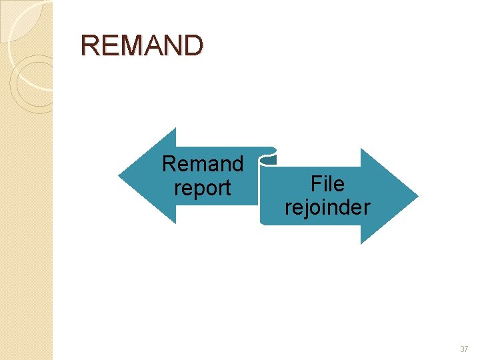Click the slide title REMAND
(141, 46)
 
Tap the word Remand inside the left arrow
(203, 163)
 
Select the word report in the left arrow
(202, 188)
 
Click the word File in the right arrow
(327, 183)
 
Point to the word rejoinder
(327, 207)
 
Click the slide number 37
(464, 349)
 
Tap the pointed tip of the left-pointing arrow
(120, 176)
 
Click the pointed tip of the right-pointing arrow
(417, 196)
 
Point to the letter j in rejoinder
(309, 208)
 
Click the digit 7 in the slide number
(466, 349)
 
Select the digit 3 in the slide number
(461, 349)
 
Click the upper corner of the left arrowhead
(175, 129)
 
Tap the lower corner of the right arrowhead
(361, 243)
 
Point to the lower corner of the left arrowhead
(175, 223)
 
